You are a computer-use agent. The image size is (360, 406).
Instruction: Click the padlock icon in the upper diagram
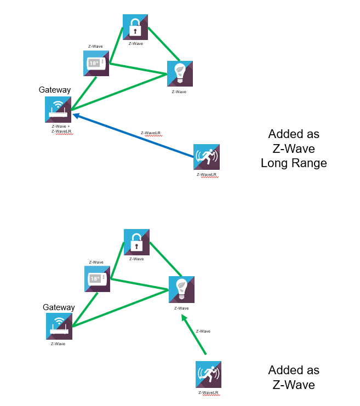[x=135, y=27]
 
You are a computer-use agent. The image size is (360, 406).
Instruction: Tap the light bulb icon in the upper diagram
[x=180, y=74]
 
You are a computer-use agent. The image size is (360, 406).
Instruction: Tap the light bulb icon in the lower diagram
[x=181, y=290]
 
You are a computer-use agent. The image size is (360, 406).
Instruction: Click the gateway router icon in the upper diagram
[x=58, y=109]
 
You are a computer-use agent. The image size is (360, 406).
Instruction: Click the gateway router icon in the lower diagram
[x=59, y=327]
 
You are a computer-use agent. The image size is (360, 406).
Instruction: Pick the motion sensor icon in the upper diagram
[x=207, y=157]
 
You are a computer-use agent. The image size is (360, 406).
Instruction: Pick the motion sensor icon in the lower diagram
[x=208, y=374]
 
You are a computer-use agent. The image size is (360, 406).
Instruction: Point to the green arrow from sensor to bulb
[x=194, y=334]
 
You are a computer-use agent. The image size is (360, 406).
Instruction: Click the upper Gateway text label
[x=55, y=89]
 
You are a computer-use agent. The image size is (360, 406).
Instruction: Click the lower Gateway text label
[x=59, y=307]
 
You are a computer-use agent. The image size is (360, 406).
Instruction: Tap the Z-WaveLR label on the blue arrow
[x=151, y=133]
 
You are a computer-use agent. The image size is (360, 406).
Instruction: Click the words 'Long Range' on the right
[x=294, y=163]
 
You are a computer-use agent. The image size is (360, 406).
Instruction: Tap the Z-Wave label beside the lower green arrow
[x=203, y=331]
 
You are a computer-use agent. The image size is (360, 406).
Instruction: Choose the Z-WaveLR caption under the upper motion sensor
[x=207, y=175]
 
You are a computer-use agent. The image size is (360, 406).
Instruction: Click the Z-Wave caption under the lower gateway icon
[x=58, y=344]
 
